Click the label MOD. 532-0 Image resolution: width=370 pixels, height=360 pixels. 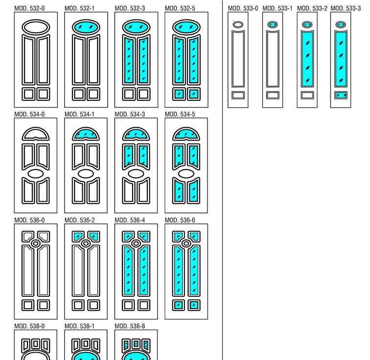coord(29,8)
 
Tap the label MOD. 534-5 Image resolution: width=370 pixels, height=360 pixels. coord(180,114)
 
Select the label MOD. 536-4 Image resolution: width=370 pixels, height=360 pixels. coord(130,220)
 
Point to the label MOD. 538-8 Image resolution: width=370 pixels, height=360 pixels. coord(130,326)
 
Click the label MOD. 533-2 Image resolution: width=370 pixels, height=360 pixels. coord(312,8)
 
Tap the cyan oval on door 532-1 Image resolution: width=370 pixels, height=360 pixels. coord(86,27)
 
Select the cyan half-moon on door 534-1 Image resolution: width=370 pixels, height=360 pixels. coord(86,135)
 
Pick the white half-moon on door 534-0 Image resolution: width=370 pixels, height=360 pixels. coord(36,135)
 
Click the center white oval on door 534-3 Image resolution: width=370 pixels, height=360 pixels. coord(136,173)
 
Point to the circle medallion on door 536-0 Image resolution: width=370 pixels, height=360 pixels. coord(36,243)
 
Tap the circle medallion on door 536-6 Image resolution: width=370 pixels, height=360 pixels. coord(186,243)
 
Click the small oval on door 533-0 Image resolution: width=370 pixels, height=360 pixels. coord(238,24)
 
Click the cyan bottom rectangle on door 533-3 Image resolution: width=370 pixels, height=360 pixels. coord(341,96)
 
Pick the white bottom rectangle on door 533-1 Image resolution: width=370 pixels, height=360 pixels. coord(273,96)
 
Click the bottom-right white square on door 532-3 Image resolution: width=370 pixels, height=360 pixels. coord(143,94)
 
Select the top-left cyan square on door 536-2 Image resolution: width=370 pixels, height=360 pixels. coord(78,237)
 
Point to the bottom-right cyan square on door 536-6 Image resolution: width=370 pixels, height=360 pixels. coord(193,305)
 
